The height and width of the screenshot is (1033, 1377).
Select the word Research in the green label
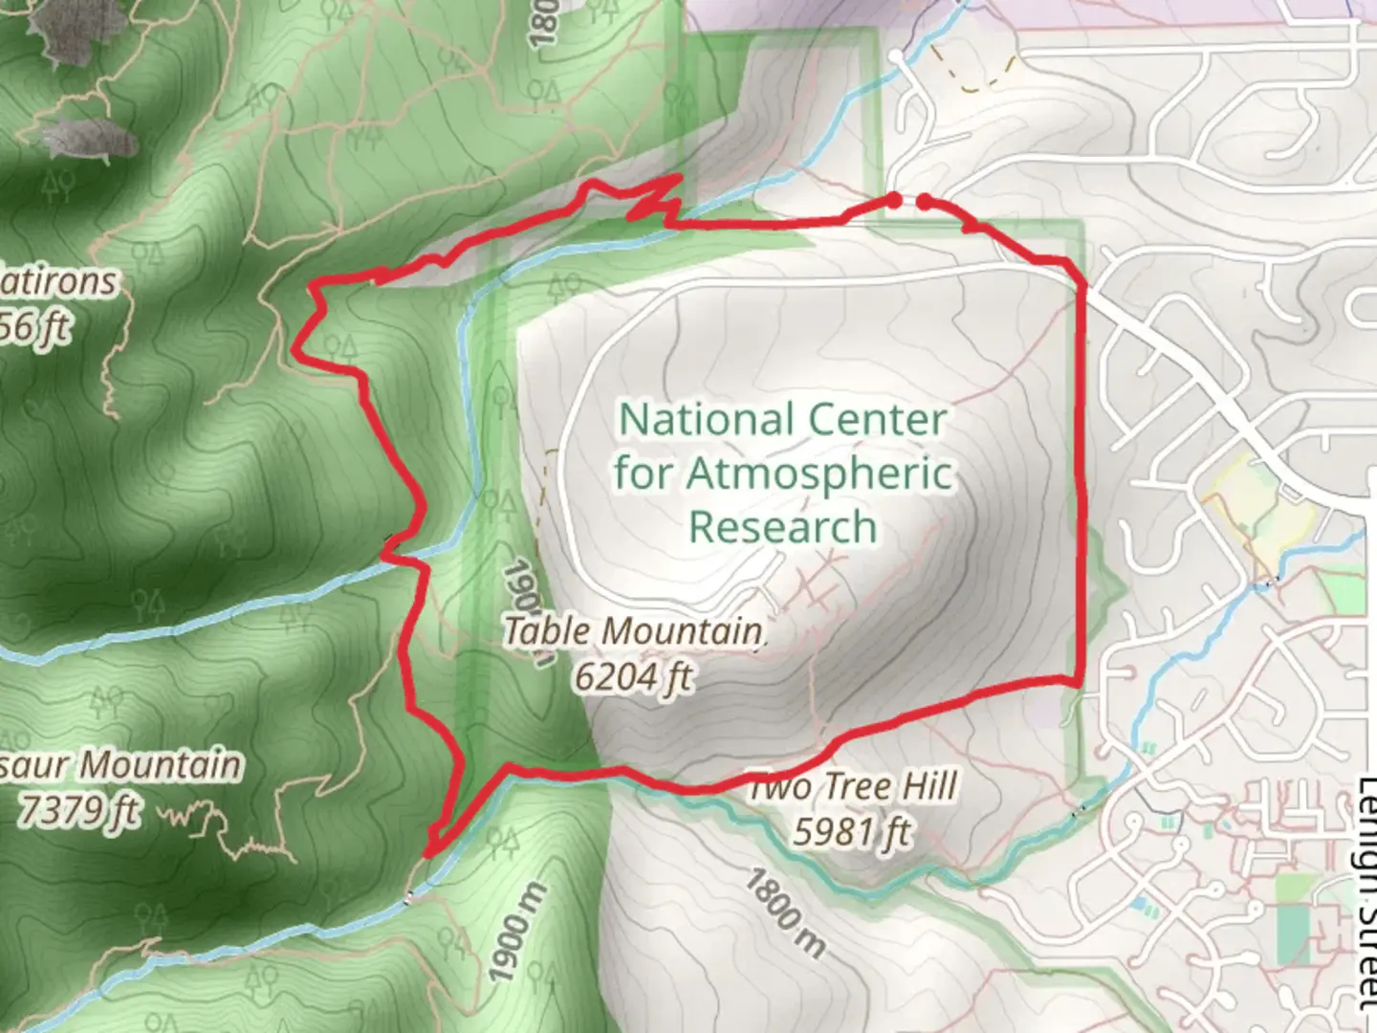pos(783,527)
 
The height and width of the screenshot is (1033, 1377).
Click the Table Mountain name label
pos(633,630)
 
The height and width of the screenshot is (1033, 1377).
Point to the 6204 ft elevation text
pos(633,676)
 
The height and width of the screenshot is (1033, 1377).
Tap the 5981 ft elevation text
pos(850,832)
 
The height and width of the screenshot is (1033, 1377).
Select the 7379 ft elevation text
pos(78,811)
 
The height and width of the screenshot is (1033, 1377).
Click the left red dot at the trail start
pos(893,200)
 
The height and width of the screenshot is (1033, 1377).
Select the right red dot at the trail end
pos(925,201)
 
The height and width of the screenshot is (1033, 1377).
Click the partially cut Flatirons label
pos(59,282)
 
